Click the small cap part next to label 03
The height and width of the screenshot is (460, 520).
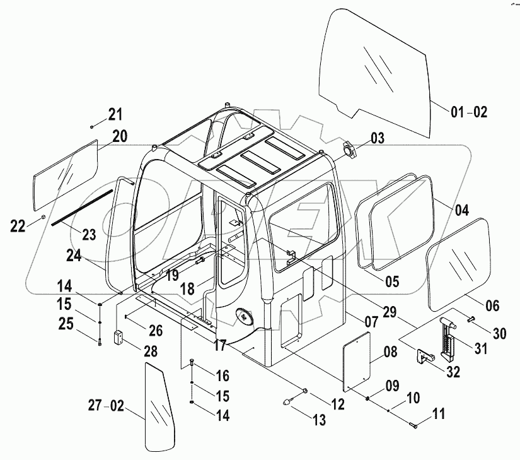coord(349,151)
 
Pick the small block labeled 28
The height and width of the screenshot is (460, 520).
coord(118,337)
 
